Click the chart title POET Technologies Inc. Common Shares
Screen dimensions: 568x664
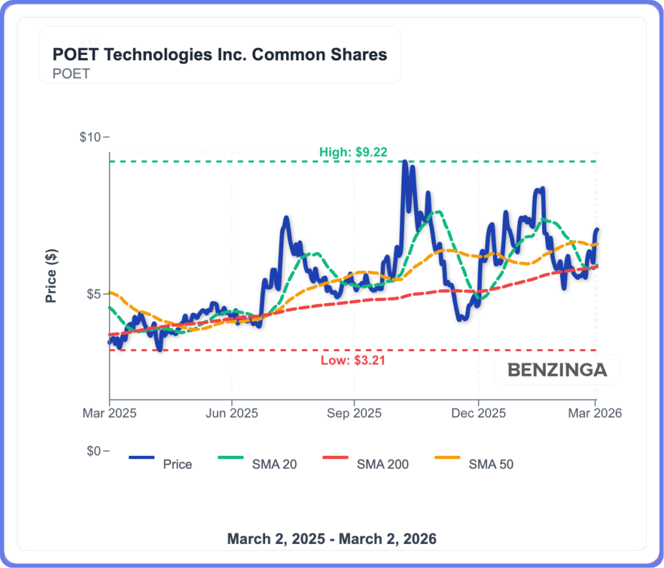(x=219, y=54)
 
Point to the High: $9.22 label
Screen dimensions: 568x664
(x=353, y=152)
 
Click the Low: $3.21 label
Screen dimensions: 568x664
(x=353, y=361)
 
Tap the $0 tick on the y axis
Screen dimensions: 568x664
(x=93, y=451)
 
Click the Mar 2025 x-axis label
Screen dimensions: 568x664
(x=110, y=413)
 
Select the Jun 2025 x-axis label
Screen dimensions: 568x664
(x=231, y=413)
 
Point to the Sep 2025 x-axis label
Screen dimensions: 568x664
(x=353, y=413)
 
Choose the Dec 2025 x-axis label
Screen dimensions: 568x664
(x=478, y=413)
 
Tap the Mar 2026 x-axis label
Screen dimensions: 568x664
(x=596, y=413)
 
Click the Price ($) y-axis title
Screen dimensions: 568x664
(x=51, y=275)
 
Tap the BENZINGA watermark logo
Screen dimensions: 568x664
(x=557, y=370)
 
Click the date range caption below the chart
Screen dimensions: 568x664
(x=331, y=539)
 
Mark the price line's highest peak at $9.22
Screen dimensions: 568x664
(x=405, y=163)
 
